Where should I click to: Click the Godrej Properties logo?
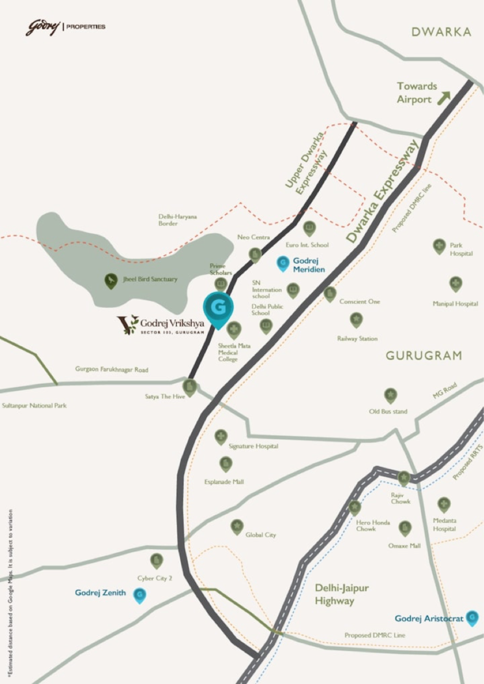65,27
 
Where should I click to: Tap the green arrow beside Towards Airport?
444,97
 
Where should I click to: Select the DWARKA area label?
441,32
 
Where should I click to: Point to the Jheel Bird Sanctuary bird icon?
111,281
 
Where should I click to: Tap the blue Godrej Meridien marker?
283,263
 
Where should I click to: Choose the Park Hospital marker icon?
439,246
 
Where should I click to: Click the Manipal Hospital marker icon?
455,284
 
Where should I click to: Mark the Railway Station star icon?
356,320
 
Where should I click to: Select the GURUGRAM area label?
424,356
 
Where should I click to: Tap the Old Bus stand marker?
390,395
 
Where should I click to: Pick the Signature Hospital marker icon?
221,436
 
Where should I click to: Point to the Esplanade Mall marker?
225,464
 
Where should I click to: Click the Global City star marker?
237,527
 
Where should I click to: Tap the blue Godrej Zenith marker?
140,595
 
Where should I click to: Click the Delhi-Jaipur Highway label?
342,594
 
